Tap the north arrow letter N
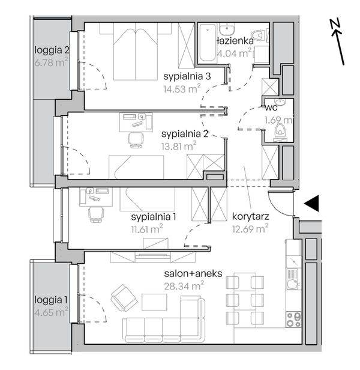(335, 24)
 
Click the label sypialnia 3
(187, 76)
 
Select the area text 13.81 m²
(179, 146)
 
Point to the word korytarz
(250, 216)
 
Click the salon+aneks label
(193, 273)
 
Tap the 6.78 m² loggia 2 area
(52, 62)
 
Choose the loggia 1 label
(51, 300)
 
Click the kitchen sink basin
(292, 284)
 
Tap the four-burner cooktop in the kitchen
(294, 320)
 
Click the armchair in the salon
(124, 298)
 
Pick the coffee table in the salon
(154, 302)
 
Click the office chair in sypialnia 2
(136, 140)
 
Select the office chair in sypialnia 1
(96, 214)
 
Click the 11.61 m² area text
(147, 229)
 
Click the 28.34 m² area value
(184, 286)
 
